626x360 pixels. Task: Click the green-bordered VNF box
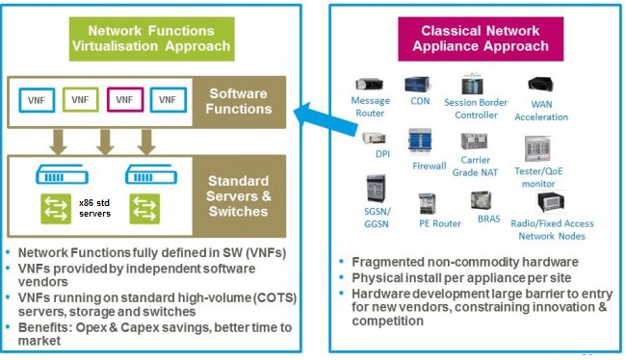tap(79, 99)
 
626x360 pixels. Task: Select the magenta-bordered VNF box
tap(123, 99)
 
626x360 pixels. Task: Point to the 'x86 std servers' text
tap(95, 207)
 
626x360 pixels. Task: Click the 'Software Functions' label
tap(239, 101)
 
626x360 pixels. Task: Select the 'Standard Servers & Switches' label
tap(239, 197)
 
